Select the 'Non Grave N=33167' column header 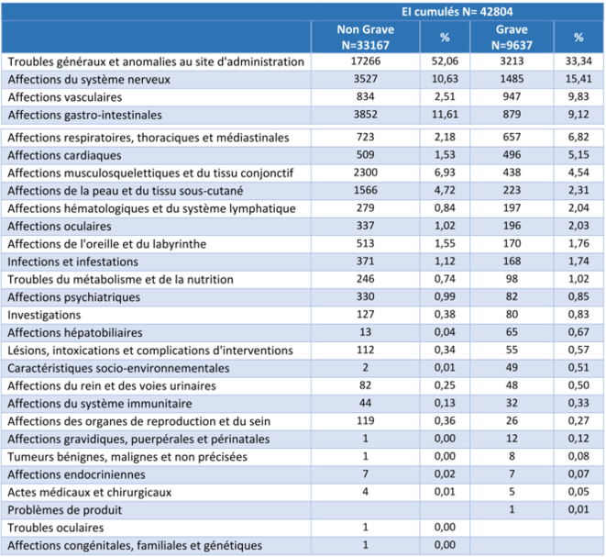click(x=365, y=37)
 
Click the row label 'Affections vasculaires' click(x=65, y=97)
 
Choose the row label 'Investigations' click(x=45, y=314)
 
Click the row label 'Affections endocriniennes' click(x=74, y=474)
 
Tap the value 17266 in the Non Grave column click(x=365, y=61)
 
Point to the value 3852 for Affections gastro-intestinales click(x=365, y=115)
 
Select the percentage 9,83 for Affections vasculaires click(x=578, y=97)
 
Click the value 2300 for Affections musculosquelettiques click(x=365, y=173)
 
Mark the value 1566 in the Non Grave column click(x=365, y=190)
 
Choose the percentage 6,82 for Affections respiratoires click(x=578, y=137)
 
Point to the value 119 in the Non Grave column click(x=365, y=421)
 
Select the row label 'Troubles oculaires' click(x=57, y=528)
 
